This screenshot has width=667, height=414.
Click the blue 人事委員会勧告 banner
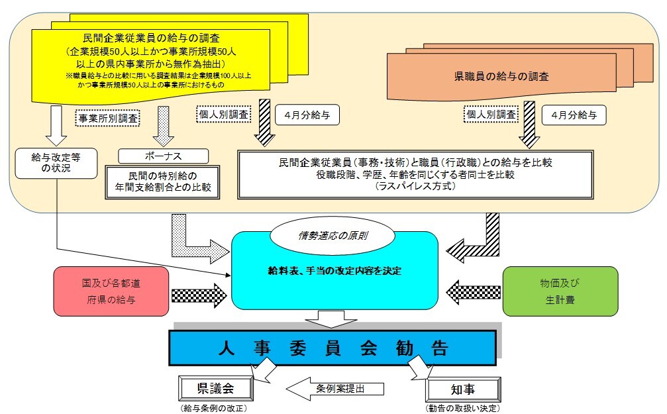coord(331,347)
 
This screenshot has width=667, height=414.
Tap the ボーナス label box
coord(163,156)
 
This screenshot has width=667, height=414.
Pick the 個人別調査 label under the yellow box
coord(224,113)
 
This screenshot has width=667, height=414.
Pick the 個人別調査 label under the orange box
coord(490,114)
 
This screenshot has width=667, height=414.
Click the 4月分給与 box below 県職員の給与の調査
coord(574,115)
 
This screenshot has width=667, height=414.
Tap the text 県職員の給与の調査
coord(511,77)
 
